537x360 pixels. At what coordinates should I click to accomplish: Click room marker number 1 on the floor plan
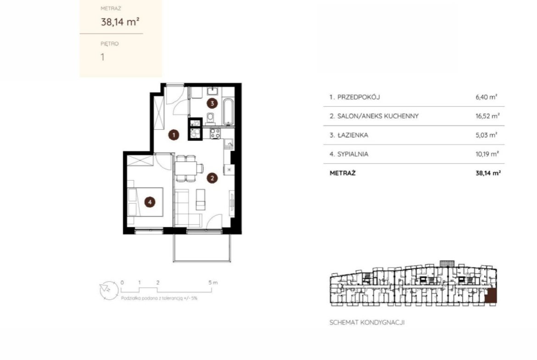173,135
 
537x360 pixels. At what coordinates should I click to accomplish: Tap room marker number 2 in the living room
213,178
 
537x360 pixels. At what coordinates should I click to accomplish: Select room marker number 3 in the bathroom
213,103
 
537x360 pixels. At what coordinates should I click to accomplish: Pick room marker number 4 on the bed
150,202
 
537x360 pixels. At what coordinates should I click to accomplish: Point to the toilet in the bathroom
210,118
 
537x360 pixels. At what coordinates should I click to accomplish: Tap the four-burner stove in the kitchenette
215,133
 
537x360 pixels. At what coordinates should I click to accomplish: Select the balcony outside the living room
202,248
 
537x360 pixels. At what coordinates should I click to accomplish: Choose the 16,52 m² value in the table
487,116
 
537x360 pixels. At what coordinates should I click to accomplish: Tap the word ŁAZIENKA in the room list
353,135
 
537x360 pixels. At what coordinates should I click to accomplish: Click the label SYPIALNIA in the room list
353,154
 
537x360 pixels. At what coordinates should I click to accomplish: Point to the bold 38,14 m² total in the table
488,173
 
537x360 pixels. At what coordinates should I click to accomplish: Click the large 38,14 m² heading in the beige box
120,22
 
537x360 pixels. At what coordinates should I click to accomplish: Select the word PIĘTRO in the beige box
110,44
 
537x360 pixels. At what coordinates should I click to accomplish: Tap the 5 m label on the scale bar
213,282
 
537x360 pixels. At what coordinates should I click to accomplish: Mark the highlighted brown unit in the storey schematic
491,296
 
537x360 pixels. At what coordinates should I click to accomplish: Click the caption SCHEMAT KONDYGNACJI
367,322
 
